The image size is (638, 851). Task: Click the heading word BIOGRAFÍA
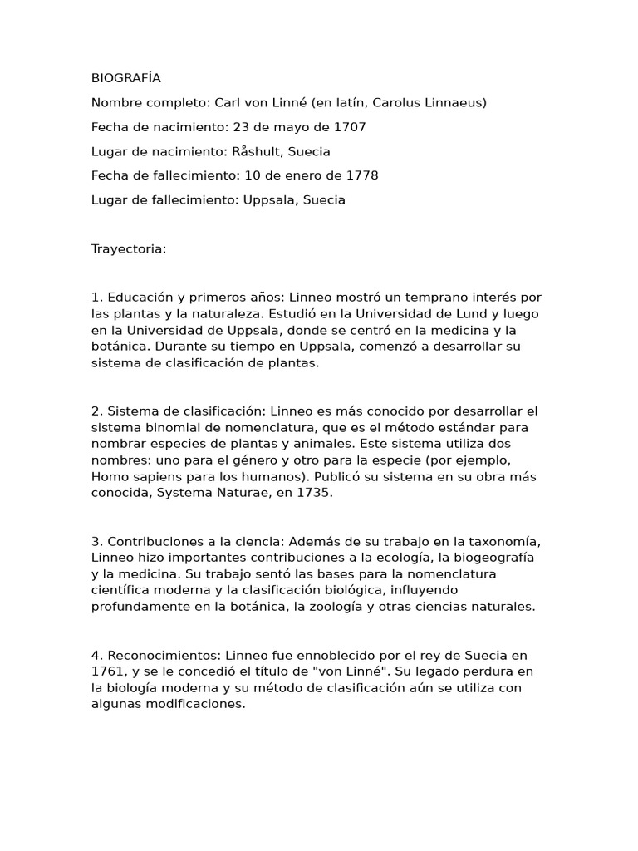point(126,78)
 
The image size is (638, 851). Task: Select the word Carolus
point(399,103)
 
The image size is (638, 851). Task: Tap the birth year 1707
point(350,127)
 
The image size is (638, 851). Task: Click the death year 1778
point(361,175)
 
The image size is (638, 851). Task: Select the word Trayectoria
point(129,248)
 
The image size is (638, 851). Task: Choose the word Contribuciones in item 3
point(158,541)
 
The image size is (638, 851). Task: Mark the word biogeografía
point(491,557)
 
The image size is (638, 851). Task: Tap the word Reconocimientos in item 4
point(161,655)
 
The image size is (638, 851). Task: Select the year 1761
point(107,671)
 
